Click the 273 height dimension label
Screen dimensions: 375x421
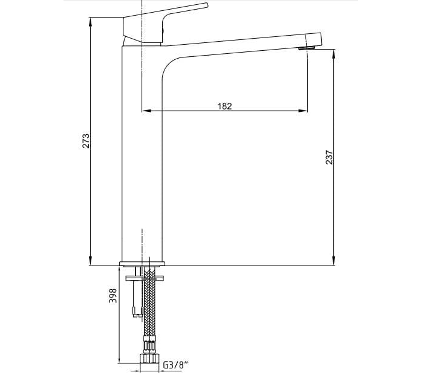click(86, 141)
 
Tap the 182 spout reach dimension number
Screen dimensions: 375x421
click(224, 106)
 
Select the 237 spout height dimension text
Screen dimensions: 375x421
click(329, 157)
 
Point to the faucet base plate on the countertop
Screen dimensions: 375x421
click(142, 263)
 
